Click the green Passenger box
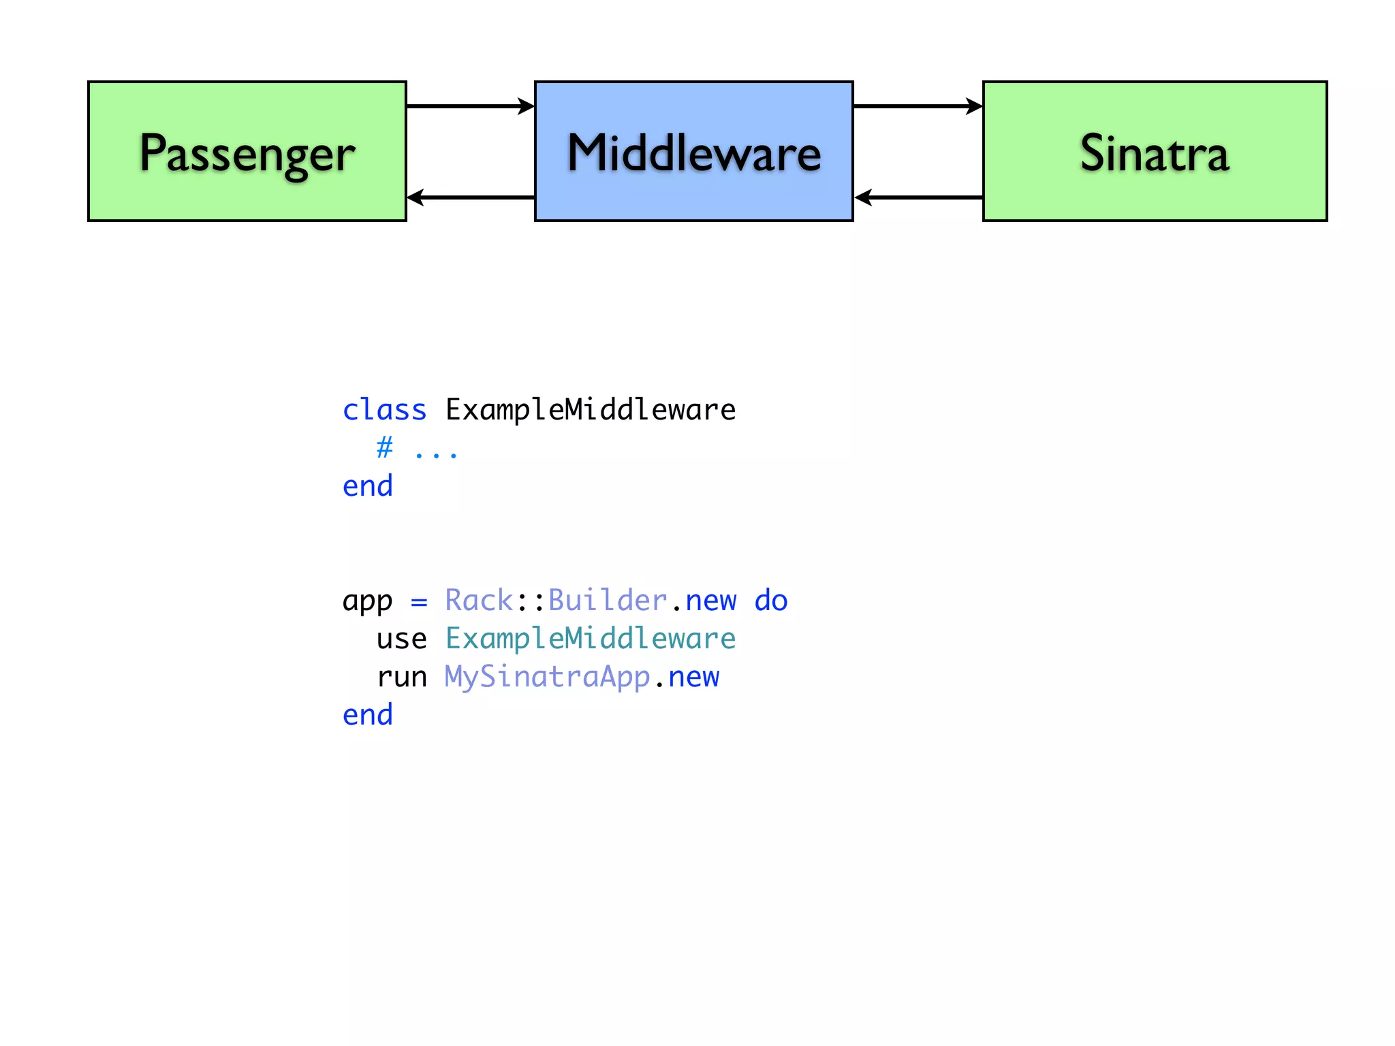tap(247, 151)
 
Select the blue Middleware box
tap(693, 151)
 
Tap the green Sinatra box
tap(1155, 151)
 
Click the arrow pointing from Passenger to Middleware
tap(470, 106)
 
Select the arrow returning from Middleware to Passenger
tap(470, 197)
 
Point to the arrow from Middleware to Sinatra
tap(918, 106)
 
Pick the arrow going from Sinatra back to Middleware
tap(918, 197)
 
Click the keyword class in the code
tap(384, 410)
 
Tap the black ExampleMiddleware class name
tap(591, 410)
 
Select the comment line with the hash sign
tap(417, 449)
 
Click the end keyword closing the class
tap(368, 486)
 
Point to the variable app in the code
tap(368, 601)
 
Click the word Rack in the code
tap(479, 601)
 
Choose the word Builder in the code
tap(608, 601)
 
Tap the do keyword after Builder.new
tap(771, 601)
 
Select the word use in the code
tap(402, 639)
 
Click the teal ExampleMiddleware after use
tap(591, 639)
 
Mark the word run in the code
tap(402, 677)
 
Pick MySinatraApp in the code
tap(548, 677)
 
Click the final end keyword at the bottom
tap(368, 715)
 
